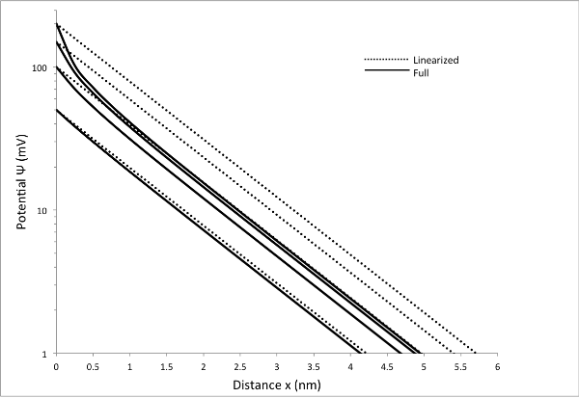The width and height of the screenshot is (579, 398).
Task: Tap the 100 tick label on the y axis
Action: click(x=40, y=68)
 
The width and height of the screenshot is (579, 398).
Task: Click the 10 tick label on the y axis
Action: click(x=42, y=211)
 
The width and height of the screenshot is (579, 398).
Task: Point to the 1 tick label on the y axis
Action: click(x=45, y=354)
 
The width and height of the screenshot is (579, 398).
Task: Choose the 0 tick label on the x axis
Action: click(x=57, y=367)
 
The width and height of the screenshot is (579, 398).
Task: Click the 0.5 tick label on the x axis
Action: click(x=94, y=367)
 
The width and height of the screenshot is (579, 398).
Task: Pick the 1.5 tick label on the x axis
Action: click(x=167, y=367)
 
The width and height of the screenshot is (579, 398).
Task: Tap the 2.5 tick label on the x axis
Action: click(x=240, y=367)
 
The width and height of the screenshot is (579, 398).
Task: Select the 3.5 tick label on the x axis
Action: click(x=314, y=367)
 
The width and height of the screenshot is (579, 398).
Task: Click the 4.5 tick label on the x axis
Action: click(x=387, y=367)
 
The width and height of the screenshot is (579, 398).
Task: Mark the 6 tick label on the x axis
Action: click(x=497, y=367)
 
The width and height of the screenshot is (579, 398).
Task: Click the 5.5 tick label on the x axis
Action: click(x=460, y=367)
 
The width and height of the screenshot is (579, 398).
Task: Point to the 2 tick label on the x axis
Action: click(x=204, y=367)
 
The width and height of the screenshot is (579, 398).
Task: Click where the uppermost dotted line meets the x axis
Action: click(x=476, y=353)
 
